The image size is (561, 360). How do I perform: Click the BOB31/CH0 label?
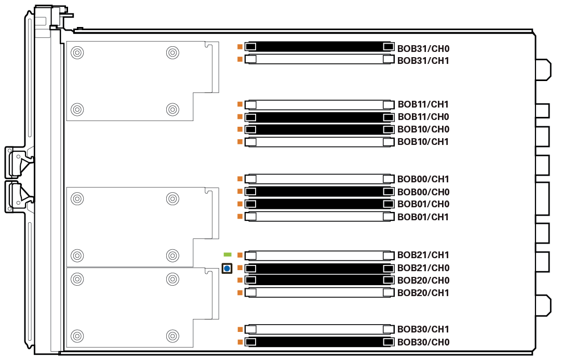pos(423,49)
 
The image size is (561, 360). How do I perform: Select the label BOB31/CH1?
pos(423,61)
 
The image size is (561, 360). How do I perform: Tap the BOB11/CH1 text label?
pos(423,104)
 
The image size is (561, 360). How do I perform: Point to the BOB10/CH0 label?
pos(423,129)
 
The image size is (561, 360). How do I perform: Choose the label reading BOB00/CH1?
pos(423,179)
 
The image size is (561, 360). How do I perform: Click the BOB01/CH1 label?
pos(423,217)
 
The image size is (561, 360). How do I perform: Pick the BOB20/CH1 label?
pos(423,293)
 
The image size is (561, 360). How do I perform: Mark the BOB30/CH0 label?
pos(423,342)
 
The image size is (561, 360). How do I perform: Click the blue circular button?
pos(226,269)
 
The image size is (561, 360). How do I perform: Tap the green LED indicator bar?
pos(228,255)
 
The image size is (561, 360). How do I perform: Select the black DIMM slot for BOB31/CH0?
pos(318,47)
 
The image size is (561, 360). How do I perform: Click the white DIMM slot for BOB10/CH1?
pos(318,142)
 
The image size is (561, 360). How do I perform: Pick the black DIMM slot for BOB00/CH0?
pos(318,192)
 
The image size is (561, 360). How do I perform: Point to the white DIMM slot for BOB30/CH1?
pos(318,329)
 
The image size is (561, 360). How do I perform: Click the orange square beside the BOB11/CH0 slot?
pos(240,117)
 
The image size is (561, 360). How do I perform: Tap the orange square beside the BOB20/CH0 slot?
pos(240,281)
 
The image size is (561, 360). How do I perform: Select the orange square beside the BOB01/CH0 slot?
pos(240,204)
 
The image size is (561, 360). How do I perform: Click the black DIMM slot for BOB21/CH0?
pos(318,268)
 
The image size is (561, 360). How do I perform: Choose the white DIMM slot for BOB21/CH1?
pos(318,256)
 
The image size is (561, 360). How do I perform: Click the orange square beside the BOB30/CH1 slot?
pos(240,329)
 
